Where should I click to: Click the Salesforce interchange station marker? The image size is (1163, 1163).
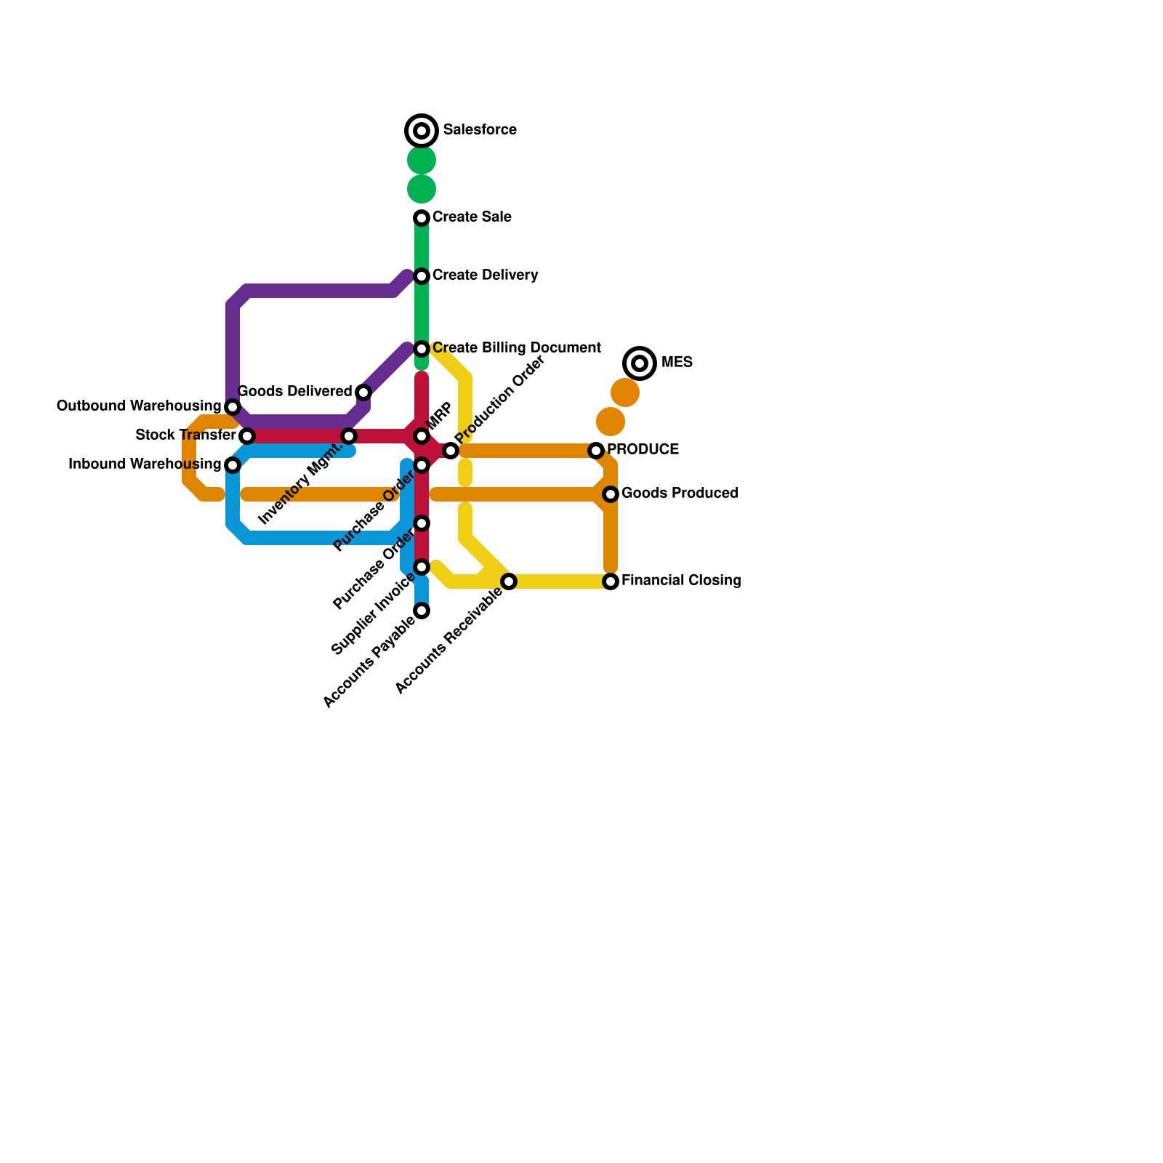422,131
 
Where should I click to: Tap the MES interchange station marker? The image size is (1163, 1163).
640,363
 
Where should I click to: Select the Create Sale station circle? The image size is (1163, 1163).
422,218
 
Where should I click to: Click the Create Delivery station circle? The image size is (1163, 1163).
422,276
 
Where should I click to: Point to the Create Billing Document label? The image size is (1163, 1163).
516,348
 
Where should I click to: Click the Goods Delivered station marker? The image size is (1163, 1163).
363,393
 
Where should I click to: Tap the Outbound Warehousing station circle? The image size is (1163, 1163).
233,407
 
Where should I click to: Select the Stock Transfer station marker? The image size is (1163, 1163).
247,436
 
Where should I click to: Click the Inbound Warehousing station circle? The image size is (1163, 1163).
233,465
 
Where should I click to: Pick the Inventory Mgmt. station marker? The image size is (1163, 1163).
349,436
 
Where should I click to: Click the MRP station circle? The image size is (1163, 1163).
422,436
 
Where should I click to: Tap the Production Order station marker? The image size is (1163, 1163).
451,451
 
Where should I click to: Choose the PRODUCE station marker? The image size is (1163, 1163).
596,451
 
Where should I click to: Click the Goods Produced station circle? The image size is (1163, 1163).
611,494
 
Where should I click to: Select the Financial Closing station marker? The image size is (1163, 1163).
611,581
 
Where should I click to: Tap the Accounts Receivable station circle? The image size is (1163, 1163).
509,581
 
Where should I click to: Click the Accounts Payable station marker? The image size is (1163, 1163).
422,611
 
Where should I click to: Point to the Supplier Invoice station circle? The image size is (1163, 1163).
422,567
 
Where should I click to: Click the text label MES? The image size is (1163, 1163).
677,363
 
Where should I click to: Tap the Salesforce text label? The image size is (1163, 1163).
480,130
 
